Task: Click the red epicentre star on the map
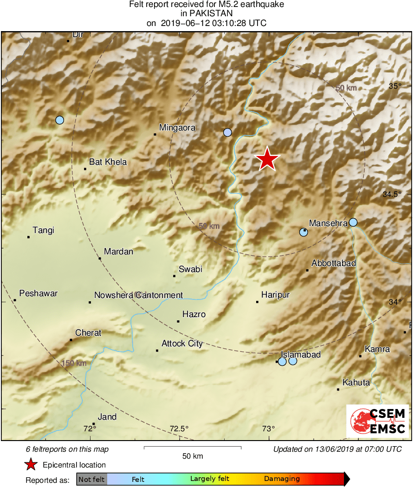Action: click(x=267, y=159)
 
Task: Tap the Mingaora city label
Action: click(x=177, y=128)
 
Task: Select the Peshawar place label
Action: click(x=39, y=293)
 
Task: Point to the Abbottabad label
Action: click(x=334, y=263)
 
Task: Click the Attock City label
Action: click(x=182, y=344)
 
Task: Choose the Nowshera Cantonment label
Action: click(x=138, y=295)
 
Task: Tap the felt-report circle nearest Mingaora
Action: click(x=227, y=132)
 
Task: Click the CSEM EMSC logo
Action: click(x=378, y=421)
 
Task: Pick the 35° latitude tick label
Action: click(x=395, y=86)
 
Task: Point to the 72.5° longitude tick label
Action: click(x=179, y=429)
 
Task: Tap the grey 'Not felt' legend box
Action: click(x=92, y=479)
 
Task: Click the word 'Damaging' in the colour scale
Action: click(x=282, y=479)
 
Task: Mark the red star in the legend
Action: click(x=31, y=464)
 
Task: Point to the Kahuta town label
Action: click(x=356, y=383)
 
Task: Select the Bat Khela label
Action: click(x=108, y=162)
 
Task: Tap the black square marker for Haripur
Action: click(x=257, y=302)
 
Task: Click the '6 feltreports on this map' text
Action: click(x=67, y=449)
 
